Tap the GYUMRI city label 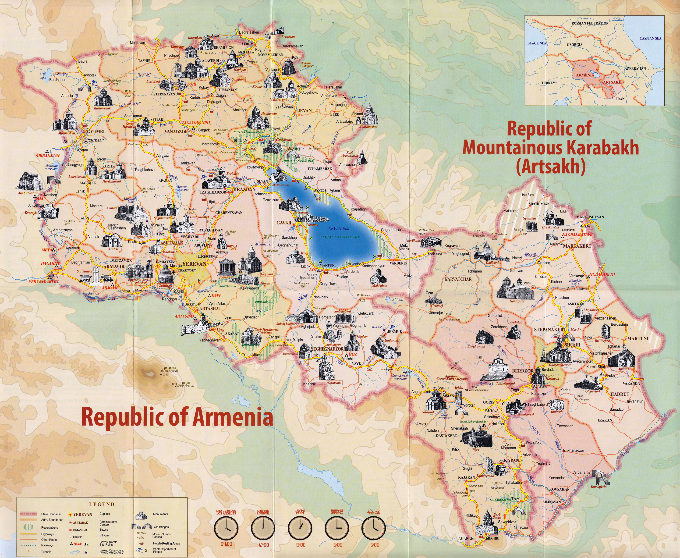point(96,132)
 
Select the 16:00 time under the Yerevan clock point(374,545)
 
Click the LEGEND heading point(102,504)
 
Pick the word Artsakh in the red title point(550,167)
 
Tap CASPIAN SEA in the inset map point(650,38)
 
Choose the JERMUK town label point(395,331)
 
